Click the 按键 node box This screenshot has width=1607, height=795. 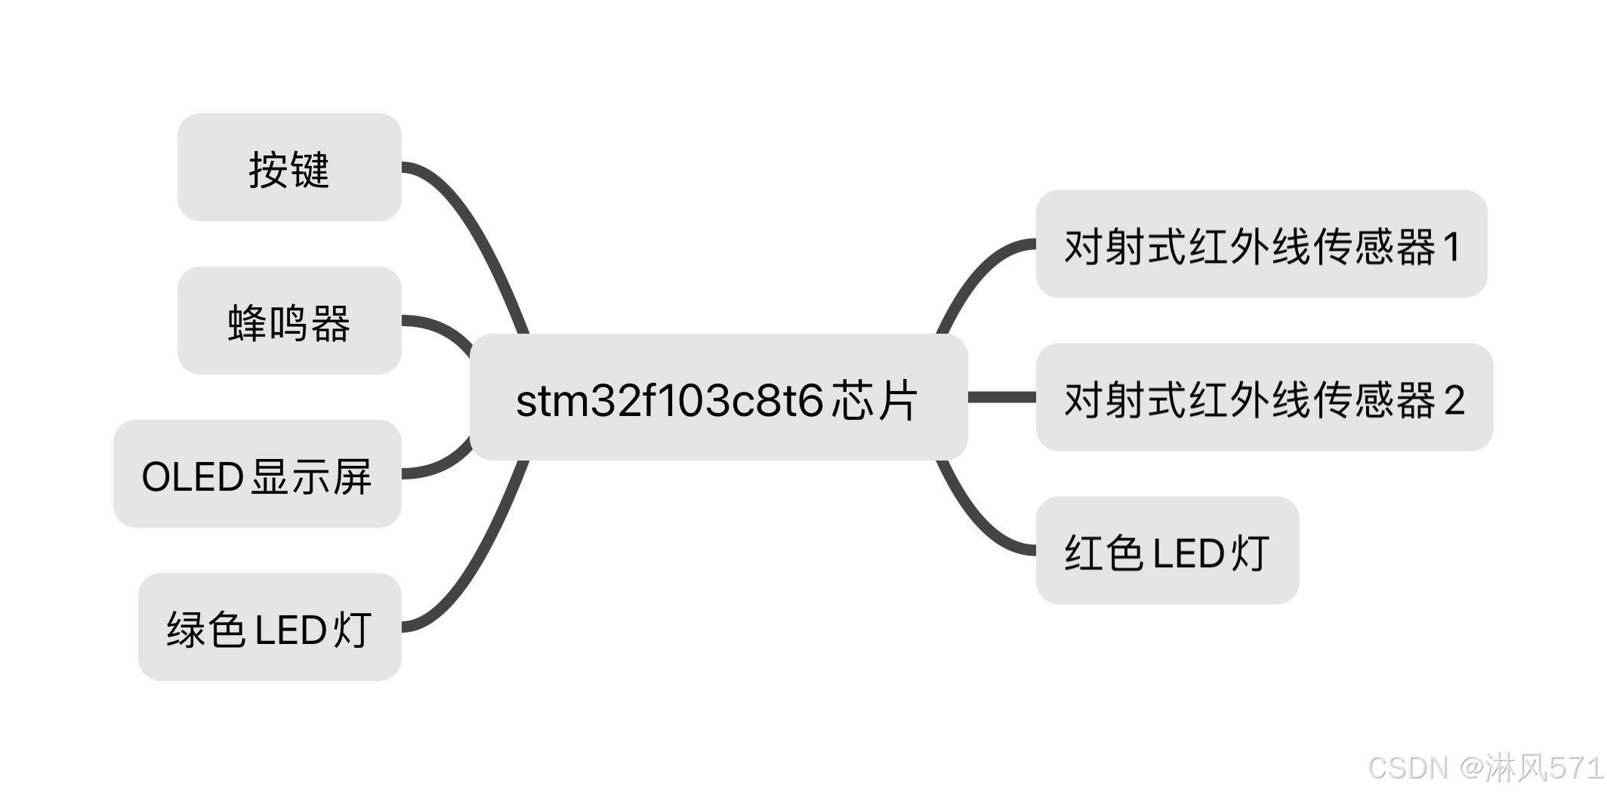289,168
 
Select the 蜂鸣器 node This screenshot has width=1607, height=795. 289,321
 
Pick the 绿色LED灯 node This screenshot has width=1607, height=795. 270,627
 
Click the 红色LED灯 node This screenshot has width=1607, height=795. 1167,550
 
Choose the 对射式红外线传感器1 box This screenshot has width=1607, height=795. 1261,244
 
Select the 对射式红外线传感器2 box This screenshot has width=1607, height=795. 1264,398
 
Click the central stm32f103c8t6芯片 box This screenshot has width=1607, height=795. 718,398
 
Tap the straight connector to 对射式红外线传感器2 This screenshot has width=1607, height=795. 1001,397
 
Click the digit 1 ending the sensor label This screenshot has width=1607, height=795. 1451,247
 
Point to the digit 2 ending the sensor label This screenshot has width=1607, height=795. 1454,400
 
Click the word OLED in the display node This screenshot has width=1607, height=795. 192,477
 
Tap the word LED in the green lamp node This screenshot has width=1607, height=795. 291,630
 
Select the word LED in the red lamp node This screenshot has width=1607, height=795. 1189,553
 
